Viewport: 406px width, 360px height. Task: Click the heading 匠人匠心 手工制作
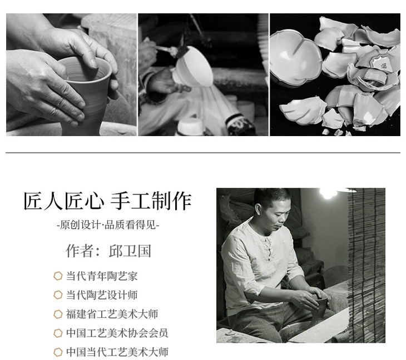107,201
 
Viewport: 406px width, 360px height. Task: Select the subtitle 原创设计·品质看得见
108,225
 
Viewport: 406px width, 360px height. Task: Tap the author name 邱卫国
130,251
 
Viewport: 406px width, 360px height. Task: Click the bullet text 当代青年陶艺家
102,276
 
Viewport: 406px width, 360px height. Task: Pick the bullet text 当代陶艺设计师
102,295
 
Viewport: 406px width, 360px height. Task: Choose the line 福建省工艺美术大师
112,314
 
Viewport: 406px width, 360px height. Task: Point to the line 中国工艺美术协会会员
117,333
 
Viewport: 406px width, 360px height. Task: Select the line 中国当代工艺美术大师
117,352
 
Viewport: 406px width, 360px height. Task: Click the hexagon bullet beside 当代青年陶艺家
58,276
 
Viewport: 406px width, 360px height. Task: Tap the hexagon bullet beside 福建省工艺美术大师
58,314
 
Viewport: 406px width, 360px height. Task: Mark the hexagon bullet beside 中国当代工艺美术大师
58,352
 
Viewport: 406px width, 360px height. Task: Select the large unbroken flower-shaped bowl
295,58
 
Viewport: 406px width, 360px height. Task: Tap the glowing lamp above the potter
328,193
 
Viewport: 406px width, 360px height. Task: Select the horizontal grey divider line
203,153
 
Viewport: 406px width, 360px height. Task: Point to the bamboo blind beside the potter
367,266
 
